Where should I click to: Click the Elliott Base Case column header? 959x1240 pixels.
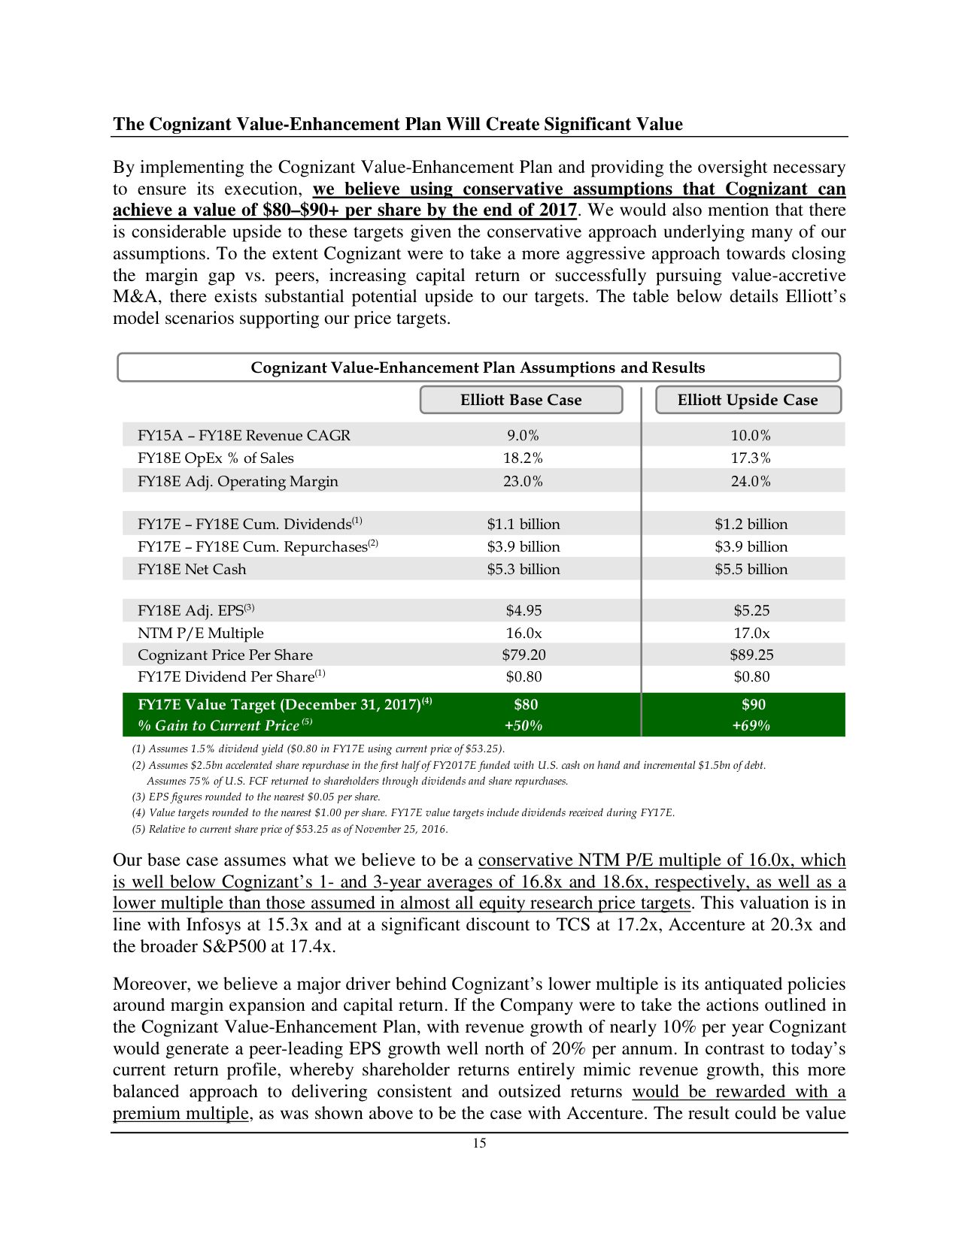520,400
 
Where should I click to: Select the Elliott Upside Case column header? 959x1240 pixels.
747,400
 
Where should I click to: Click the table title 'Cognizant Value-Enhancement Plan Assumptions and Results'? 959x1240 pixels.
478,367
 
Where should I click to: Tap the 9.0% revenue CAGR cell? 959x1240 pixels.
522,435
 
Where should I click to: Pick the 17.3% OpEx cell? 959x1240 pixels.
751,458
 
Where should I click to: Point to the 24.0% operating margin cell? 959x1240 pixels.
751,481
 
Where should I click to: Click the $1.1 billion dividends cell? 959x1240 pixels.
523,524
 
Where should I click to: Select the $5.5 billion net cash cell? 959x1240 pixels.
751,569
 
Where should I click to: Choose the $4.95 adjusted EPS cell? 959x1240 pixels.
523,610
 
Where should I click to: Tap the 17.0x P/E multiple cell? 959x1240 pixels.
751,633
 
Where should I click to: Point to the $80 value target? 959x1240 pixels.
525,704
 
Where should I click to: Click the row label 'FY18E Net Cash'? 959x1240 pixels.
192,569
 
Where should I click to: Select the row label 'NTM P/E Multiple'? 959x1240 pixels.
200,633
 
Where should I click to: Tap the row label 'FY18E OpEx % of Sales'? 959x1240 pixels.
215,458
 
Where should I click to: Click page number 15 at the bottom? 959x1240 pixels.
479,1143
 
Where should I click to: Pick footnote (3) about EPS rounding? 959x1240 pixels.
256,797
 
